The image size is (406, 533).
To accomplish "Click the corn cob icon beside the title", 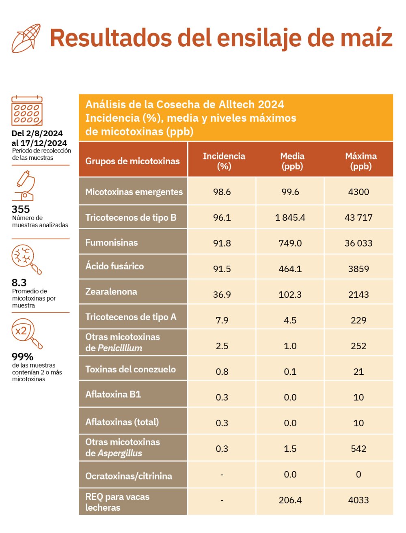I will tap(26, 38).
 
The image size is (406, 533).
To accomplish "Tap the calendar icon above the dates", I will tap(27, 111).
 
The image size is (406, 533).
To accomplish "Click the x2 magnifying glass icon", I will tap(26, 333).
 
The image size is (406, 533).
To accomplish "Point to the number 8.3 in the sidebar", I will tap(19, 283).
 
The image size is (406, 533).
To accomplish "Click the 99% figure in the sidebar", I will tap(22, 357).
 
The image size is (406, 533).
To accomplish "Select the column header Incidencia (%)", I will tap(224, 161).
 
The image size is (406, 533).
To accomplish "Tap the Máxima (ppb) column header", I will tap(361, 161).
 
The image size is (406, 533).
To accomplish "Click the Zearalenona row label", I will tap(111, 292).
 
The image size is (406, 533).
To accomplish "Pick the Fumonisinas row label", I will tap(112, 243).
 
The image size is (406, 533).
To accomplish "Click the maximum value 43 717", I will tap(358, 218).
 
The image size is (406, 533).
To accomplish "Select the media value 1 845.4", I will tap(290, 218).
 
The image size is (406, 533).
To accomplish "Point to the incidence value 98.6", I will tap(222, 192).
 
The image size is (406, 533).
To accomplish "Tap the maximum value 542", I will tap(358, 449).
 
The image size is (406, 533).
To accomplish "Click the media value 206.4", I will tap(290, 500).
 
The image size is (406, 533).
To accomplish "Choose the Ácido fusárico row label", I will tap(114, 266).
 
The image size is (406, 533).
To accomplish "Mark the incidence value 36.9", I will tap(222, 294).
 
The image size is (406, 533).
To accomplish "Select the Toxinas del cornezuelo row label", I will tap(130, 369).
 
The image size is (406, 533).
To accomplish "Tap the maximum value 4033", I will tap(358, 500).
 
